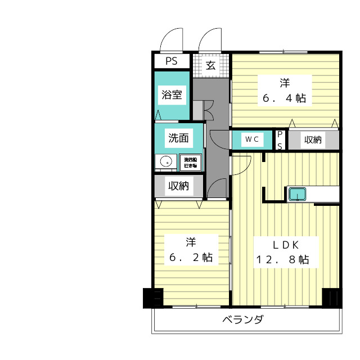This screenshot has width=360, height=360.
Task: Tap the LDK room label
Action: [x=281, y=245]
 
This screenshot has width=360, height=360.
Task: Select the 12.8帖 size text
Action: [x=281, y=260]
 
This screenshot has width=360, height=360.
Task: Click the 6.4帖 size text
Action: [x=285, y=98]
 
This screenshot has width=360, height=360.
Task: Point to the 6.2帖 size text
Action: [x=191, y=258]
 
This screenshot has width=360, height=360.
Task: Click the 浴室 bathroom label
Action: [x=172, y=94]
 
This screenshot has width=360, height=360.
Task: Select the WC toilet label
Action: [x=251, y=139]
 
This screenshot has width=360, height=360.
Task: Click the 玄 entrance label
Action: [x=210, y=65]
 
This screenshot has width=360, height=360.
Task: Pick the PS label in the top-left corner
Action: [x=172, y=61]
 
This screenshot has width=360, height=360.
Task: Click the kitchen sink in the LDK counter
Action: [x=296, y=195]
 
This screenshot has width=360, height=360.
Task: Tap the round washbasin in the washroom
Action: [x=166, y=162]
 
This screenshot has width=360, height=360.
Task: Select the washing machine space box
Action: [x=190, y=162]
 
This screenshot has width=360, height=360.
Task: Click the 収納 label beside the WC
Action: [x=313, y=139]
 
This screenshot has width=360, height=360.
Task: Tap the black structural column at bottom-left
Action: [x=152, y=298]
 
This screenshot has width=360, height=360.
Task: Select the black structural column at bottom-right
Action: [x=331, y=298]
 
